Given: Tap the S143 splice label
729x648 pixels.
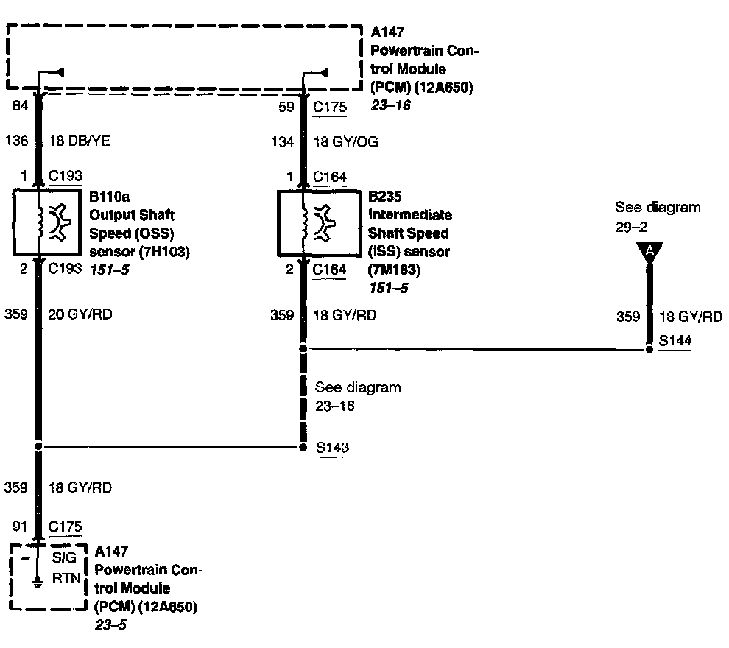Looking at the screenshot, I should (331, 447).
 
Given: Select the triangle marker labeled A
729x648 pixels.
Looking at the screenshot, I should (649, 252).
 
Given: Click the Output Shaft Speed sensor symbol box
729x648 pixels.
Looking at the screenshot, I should (46, 226).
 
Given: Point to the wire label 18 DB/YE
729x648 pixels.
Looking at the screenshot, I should (79, 141).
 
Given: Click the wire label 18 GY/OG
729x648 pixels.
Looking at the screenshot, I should (345, 141).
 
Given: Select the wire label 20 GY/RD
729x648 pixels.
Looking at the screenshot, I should (80, 314).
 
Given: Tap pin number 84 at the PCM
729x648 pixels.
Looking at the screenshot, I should (21, 107).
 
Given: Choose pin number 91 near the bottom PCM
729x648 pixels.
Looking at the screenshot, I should (21, 526).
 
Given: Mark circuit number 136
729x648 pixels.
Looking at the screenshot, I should (18, 141).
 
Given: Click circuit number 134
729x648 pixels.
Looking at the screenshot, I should (283, 141).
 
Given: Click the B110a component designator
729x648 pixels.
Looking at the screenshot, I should (108, 197).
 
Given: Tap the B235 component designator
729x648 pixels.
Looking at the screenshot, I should (385, 197).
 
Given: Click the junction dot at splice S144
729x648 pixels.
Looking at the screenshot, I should (649, 349).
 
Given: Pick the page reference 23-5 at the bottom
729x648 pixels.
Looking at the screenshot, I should (108, 626).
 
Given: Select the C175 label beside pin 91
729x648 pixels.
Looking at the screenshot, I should (65, 526).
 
